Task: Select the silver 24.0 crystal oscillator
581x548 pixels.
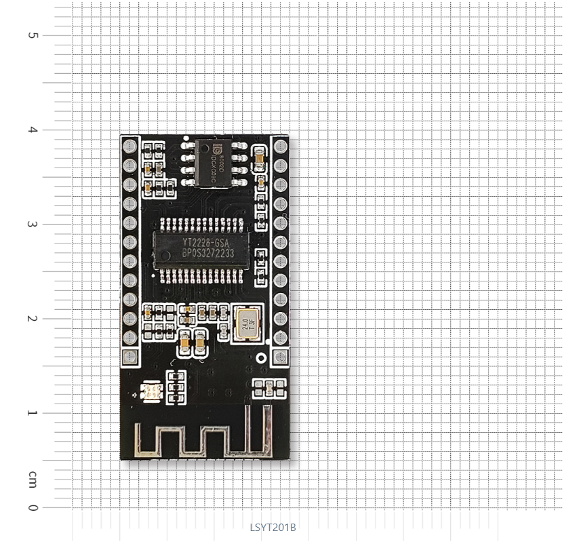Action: (x=245, y=323)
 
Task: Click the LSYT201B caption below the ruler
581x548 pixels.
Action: (x=273, y=528)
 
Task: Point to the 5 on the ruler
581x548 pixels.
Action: (x=33, y=35)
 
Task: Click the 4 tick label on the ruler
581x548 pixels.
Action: (x=33, y=130)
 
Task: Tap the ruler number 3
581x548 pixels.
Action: (x=33, y=224)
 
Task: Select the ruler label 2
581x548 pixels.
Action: (x=33, y=318)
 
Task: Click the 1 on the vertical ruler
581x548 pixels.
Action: (x=33, y=412)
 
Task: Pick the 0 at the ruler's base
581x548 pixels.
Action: (x=33, y=507)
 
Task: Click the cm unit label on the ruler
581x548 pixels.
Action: (x=33, y=480)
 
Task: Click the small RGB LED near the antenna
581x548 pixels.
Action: (x=149, y=391)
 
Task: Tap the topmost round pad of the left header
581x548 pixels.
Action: (x=129, y=146)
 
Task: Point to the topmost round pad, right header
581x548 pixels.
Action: (x=280, y=146)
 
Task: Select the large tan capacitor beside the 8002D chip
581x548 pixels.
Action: (x=259, y=158)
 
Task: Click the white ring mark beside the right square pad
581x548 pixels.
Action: (x=263, y=357)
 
